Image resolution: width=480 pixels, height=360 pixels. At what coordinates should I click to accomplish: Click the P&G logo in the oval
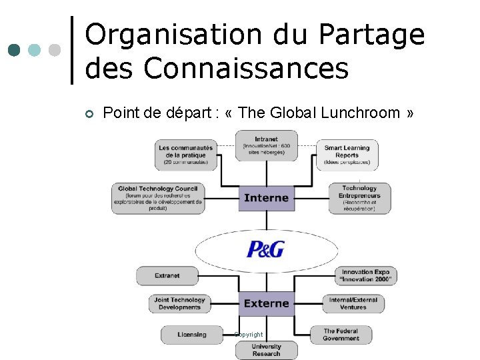pyautogui.click(x=266, y=249)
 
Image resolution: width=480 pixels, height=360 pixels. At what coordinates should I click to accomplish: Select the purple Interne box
pyautogui.click(x=266, y=198)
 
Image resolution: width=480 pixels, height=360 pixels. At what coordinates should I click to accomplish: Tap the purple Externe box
pyautogui.click(x=266, y=303)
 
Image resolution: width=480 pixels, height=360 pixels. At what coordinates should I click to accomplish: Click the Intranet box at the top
pyautogui.click(x=266, y=145)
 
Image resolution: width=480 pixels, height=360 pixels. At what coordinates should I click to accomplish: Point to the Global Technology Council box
pyautogui.click(x=158, y=199)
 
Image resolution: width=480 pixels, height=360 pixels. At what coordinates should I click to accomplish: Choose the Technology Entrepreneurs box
pyautogui.click(x=359, y=199)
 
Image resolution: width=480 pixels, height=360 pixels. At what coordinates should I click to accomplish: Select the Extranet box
pyautogui.click(x=167, y=275)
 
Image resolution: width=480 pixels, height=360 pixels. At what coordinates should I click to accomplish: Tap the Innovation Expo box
pyautogui.click(x=365, y=275)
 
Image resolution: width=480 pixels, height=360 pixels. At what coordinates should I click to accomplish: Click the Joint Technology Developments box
pyautogui.click(x=179, y=303)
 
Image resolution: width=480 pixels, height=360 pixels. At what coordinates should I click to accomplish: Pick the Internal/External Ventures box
pyautogui.click(x=353, y=303)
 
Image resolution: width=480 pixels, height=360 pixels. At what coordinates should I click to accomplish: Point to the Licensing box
pyautogui.click(x=192, y=334)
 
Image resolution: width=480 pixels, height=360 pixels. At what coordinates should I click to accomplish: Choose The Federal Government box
pyautogui.click(x=341, y=334)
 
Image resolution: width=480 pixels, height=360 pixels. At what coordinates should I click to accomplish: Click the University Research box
pyautogui.click(x=266, y=349)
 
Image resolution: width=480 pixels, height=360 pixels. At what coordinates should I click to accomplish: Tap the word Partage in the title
pyautogui.click(x=371, y=35)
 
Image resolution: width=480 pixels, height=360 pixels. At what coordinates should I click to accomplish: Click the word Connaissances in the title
pyautogui.click(x=246, y=68)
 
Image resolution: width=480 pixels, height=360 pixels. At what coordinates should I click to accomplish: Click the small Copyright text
pyautogui.click(x=249, y=334)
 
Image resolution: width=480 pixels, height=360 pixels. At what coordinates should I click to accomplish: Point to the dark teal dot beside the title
pyautogui.click(x=15, y=50)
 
